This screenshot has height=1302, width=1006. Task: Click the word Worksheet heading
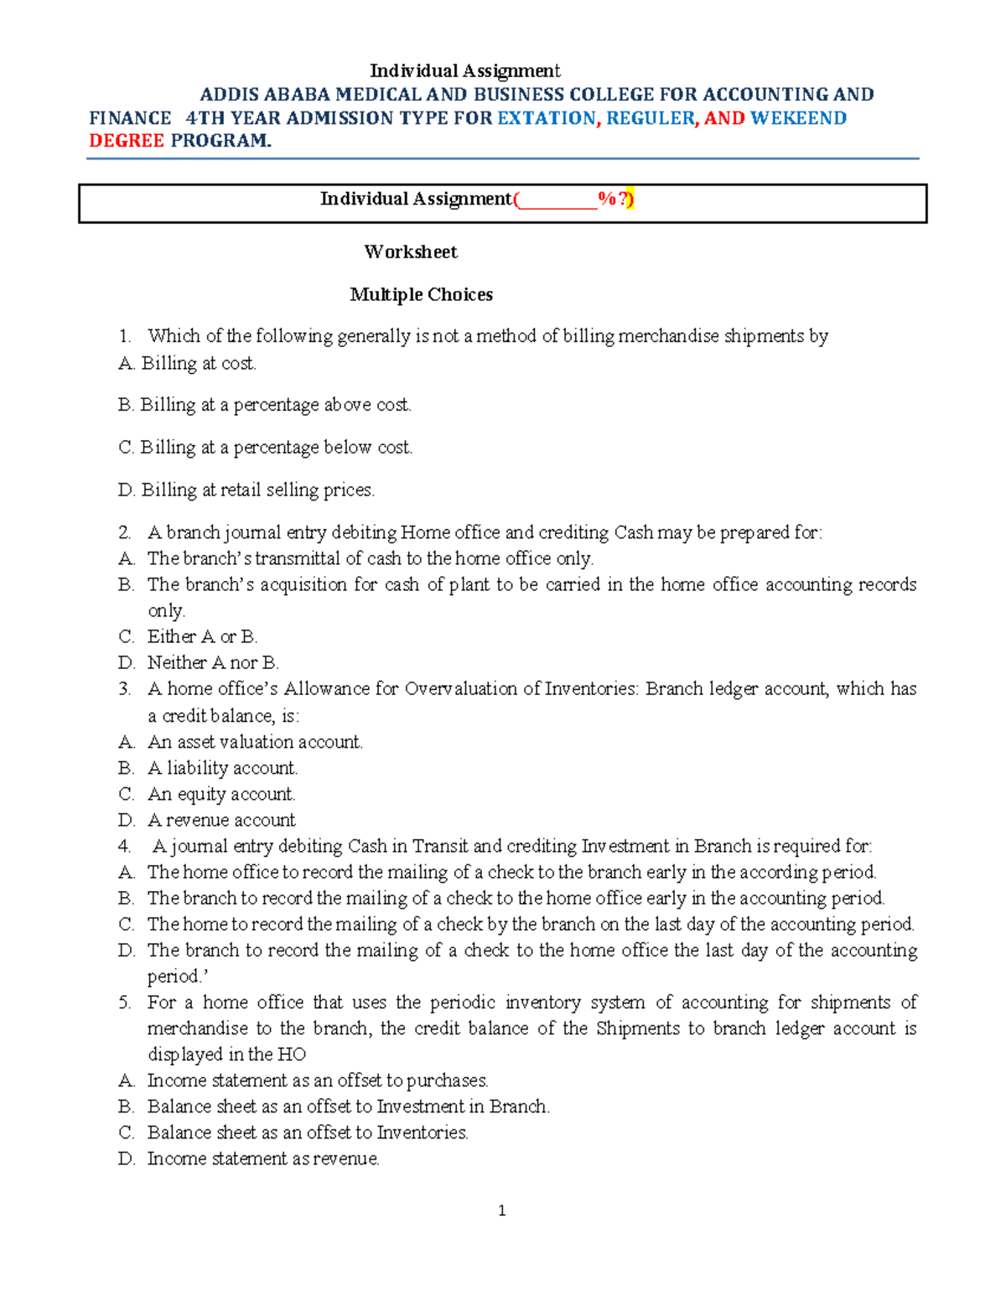(x=411, y=252)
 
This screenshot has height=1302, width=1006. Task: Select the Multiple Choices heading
(x=421, y=295)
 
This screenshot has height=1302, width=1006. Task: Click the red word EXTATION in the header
(x=546, y=118)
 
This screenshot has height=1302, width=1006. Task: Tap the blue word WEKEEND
(x=798, y=118)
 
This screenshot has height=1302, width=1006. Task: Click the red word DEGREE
(x=127, y=141)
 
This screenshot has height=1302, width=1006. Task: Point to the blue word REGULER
(x=651, y=118)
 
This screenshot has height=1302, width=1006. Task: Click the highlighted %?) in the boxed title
(x=616, y=199)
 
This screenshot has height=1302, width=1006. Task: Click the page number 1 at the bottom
(x=501, y=1210)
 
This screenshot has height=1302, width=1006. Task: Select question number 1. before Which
(x=125, y=337)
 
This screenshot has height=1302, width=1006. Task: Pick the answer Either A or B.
(x=202, y=637)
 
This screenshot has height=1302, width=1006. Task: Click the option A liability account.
(x=222, y=768)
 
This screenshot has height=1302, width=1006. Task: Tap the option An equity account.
(x=221, y=794)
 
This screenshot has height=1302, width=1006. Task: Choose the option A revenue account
(x=221, y=820)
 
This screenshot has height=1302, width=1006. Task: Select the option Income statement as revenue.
(x=263, y=1159)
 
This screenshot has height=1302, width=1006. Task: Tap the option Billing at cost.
(x=199, y=364)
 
